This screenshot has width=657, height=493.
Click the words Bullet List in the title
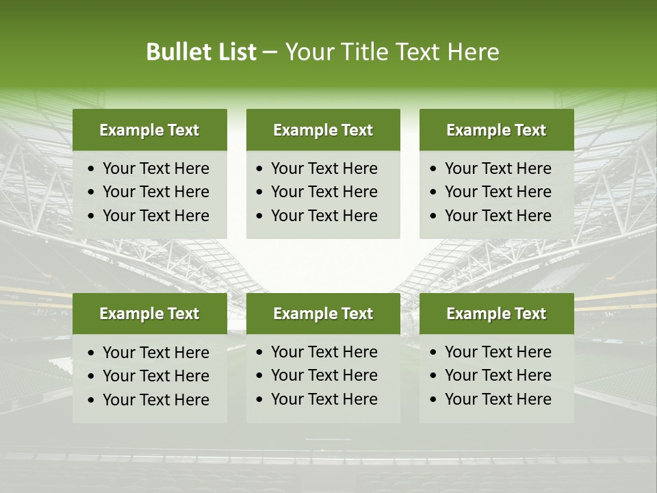pos(201,52)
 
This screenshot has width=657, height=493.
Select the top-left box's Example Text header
pos(149,130)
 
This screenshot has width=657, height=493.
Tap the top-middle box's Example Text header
pos(323,130)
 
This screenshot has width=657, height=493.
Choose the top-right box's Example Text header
pos(496,130)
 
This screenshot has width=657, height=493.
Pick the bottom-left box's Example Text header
pos(149,314)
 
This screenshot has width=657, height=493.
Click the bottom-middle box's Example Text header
pos(323,314)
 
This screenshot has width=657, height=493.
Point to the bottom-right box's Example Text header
pos(496,314)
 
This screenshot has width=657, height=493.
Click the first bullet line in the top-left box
pos(155,168)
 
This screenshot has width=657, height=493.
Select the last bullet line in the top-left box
pos(155,216)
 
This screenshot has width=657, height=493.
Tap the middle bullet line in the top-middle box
pos(324,192)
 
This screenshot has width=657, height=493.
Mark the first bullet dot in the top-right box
pos(433,169)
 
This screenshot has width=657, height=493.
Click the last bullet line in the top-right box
pos(498,216)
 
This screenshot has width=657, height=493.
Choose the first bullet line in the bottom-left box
pos(155,353)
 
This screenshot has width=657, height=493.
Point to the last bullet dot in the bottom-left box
pos(91,401)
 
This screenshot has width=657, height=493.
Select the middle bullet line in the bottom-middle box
pos(324,375)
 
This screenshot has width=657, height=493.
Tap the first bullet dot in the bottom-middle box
pos(259,353)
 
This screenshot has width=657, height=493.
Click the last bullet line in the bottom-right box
pos(498,399)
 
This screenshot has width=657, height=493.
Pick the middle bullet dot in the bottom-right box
pos(433,376)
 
